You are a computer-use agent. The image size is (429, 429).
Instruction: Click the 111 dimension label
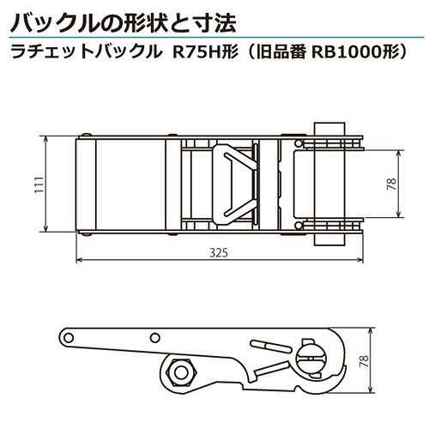click(x=39, y=184)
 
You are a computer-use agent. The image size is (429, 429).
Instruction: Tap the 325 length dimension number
click(x=219, y=253)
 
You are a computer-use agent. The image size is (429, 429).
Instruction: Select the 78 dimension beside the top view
click(x=392, y=184)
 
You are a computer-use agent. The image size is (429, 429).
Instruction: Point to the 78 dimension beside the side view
click(x=364, y=361)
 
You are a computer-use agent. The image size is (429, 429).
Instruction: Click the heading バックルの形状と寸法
click(x=124, y=23)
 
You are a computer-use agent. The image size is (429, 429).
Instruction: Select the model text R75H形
click(x=205, y=52)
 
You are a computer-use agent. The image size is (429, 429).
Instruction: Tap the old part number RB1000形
click(x=354, y=52)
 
